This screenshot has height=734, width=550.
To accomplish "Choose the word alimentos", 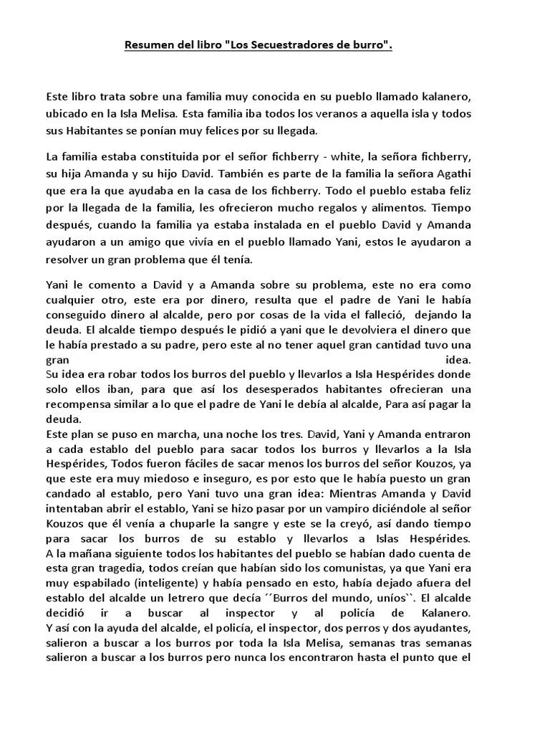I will (x=402, y=208).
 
